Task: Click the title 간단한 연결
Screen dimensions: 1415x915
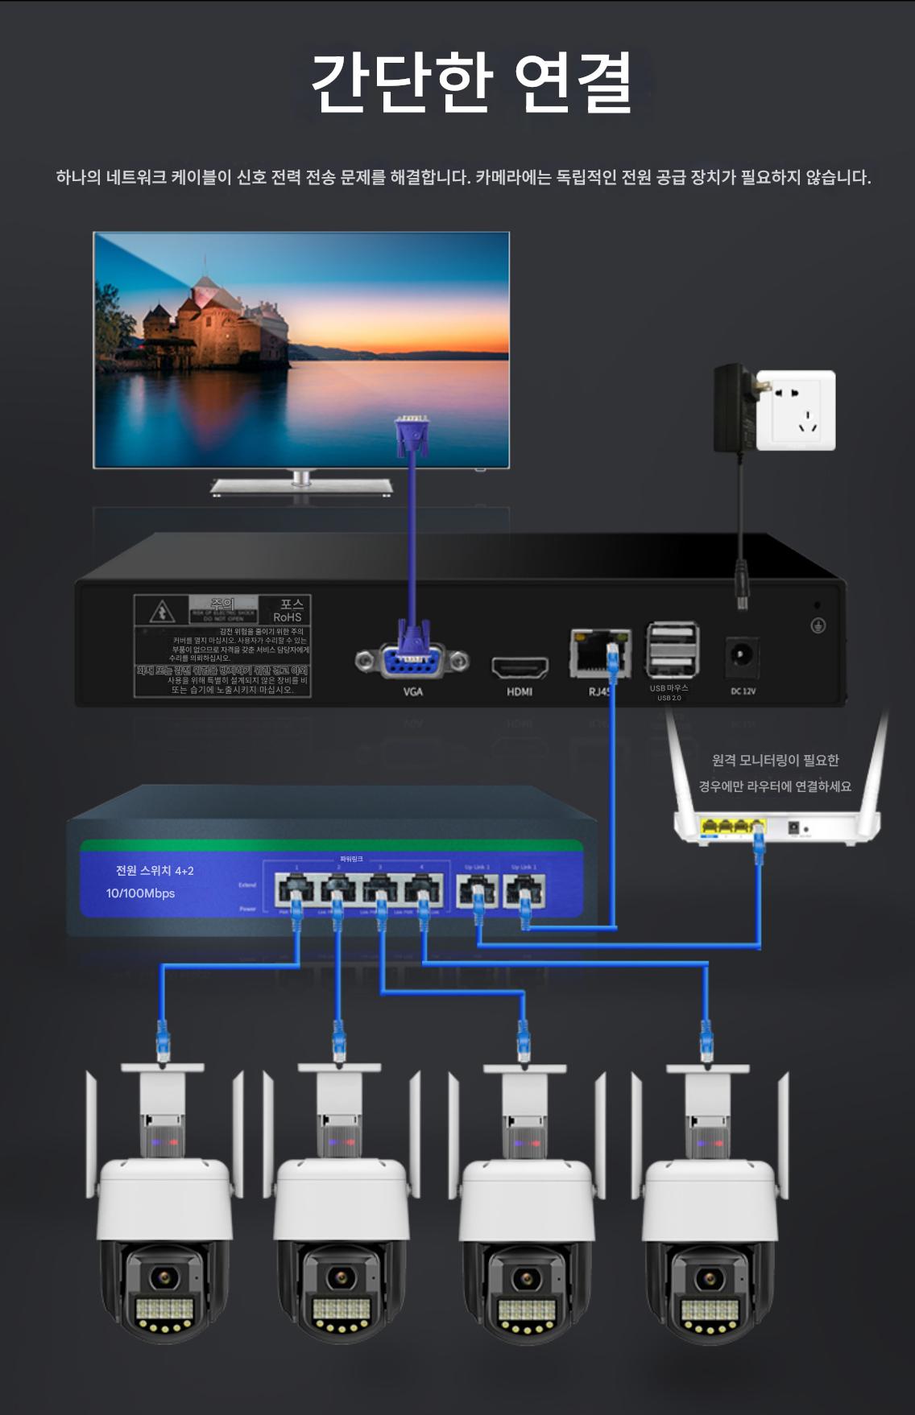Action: coord(471,82)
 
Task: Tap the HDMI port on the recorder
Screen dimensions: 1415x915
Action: coord(520,667)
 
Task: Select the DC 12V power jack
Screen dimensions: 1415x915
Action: coord(741,656)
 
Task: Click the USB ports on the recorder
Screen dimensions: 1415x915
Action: coord(672,649)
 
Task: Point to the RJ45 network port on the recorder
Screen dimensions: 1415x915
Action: coord(597,653)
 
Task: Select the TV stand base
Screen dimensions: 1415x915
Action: coord(301,485)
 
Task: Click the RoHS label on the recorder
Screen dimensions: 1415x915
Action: coord(288,617)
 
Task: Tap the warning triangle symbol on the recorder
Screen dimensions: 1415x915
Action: coord(162,613)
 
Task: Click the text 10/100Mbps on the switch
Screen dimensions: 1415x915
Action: coord(140,893)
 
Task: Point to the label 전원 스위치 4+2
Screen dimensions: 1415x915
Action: coord(155,871)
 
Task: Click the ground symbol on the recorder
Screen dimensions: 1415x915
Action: coord(818,625)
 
